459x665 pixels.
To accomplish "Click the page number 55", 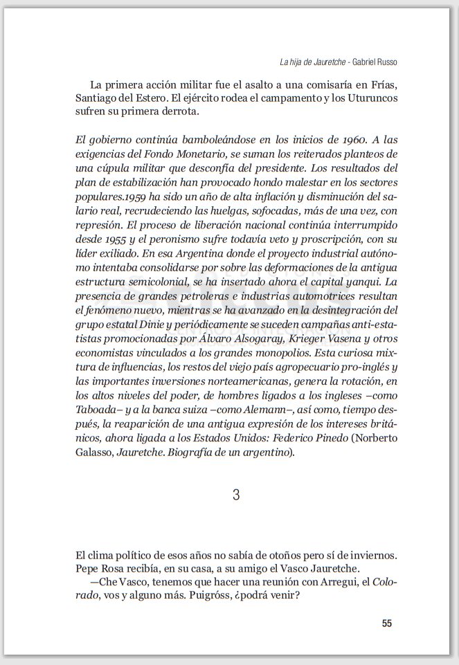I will tap(386, 623).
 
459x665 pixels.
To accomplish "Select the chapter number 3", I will tap(236, 495).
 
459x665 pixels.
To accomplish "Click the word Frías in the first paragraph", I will tap(383, 84).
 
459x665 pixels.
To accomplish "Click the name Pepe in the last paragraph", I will tap(88, 569).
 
